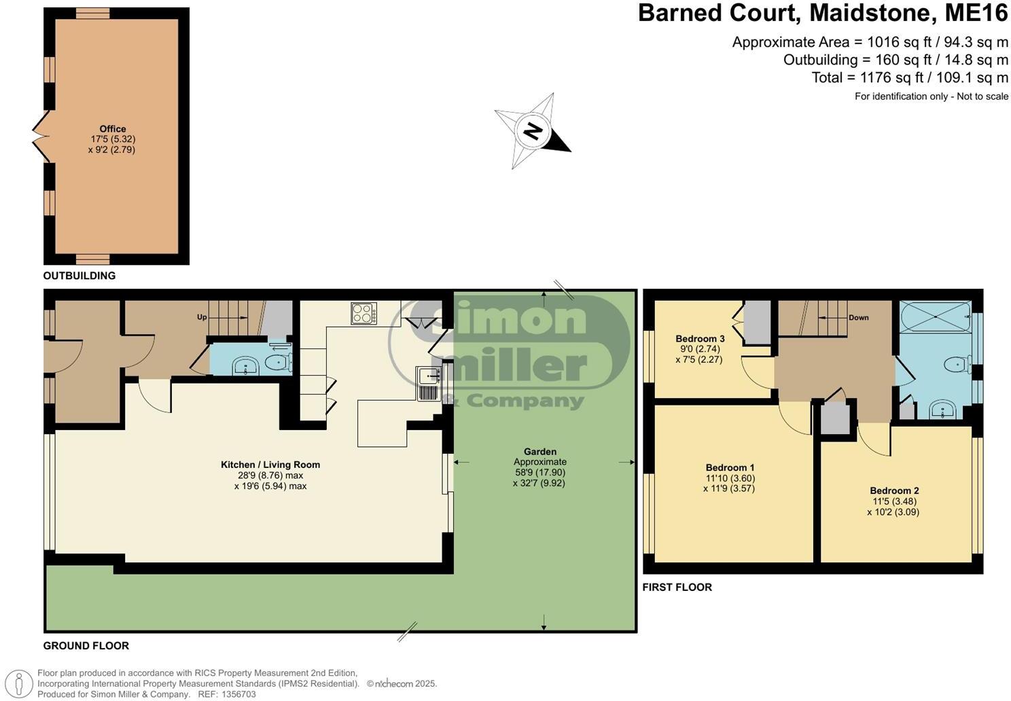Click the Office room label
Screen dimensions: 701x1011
(113, 129)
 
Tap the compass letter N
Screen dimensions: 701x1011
(533, 130)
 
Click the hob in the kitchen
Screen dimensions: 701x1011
(364, 313)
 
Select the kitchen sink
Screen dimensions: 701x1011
(428, 384)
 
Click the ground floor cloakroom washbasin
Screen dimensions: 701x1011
(245, 367)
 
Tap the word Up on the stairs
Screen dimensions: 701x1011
(202, 317)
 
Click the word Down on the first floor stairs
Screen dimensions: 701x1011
(858, 317)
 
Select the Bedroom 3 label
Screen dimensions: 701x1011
(700, 339)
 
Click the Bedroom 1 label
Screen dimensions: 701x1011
(730, 467)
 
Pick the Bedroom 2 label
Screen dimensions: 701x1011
(894, 490)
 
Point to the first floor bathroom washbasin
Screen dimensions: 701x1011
(943, 410)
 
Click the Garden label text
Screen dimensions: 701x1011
(540, 452)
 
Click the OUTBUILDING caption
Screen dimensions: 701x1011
(79, 276)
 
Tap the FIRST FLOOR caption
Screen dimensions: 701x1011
(677, 587)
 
